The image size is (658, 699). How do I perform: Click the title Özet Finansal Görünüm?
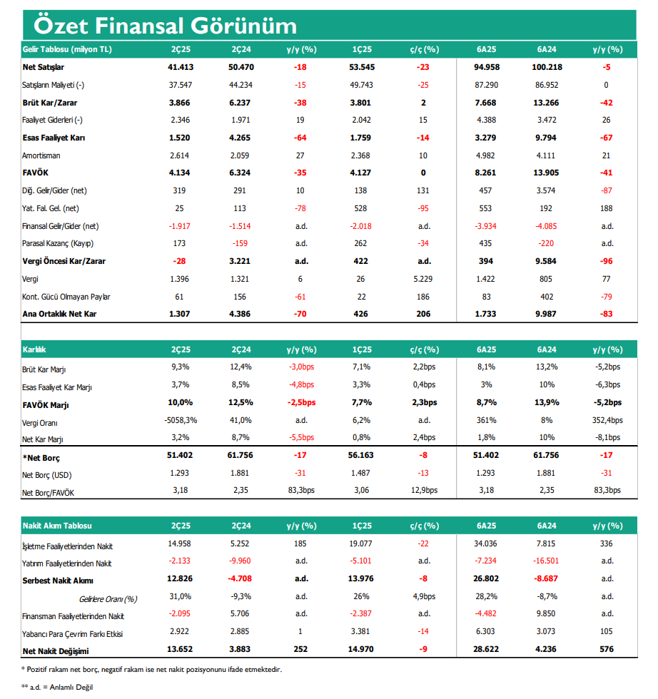tap(165, 26)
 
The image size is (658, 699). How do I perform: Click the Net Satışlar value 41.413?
tap(181, 67)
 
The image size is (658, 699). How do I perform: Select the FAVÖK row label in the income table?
tap(35, 173)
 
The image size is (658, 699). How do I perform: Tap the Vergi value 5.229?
tap(423, 279)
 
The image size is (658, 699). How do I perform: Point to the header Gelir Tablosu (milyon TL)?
tap(67, 49)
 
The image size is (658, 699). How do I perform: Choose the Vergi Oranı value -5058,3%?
tap(181, 420)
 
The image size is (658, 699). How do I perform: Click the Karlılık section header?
tap(34, 349)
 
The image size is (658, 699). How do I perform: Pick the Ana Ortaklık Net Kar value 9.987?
tap(545, 314)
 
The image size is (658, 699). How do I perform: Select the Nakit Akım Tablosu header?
tap(57, 526)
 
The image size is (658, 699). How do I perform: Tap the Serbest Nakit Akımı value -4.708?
tap(240, 578)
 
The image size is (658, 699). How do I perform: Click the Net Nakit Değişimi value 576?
tap(606, 649)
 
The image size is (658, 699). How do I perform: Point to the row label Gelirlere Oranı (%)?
tap(108, 599)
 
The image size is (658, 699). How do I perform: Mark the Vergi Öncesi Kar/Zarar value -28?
tap(179, 261)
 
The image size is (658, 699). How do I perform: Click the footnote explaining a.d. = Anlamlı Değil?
tap(57, 687)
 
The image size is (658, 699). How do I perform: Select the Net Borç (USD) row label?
tap(47, 475)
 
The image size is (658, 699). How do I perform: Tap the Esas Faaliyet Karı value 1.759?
tap(360, 138)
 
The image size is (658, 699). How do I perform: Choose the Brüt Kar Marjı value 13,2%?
tap(547, 367)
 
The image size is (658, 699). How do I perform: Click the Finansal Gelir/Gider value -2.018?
tap(360, 227)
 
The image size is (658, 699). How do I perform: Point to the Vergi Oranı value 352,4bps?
tap(607, 420)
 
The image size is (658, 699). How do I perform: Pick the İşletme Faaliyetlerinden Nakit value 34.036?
tap(486, 544)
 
